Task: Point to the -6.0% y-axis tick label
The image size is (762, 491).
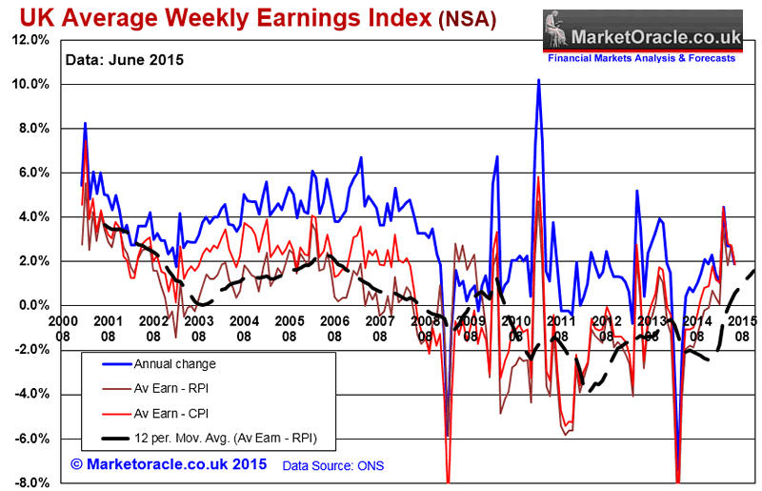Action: click(30, 439)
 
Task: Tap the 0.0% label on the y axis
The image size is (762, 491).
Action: click(31, 305)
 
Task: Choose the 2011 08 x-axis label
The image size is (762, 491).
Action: click(562, 328)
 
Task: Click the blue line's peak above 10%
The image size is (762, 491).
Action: click(538, 80)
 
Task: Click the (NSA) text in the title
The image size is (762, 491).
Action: click(467, 20)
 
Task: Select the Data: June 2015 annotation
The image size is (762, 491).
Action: click(124, 59)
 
